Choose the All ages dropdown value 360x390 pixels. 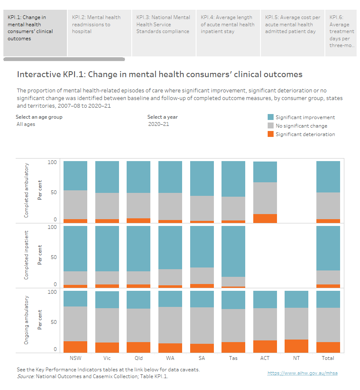26,124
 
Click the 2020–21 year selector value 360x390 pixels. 158,124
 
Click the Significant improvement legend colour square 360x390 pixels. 270,117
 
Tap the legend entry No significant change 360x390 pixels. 301,125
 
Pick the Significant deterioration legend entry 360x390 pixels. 305,134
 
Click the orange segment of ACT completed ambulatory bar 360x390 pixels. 265,218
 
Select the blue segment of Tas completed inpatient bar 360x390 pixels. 233,251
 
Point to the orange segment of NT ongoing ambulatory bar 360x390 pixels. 296,345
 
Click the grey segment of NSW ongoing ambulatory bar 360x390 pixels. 75,323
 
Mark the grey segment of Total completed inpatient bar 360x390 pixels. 328,277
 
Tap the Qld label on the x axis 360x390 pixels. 138,358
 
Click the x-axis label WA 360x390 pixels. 170,358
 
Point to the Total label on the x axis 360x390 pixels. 328,358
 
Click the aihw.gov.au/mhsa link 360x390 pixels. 302,373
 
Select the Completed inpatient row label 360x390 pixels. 26,255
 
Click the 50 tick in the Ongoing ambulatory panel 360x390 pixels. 53,322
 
